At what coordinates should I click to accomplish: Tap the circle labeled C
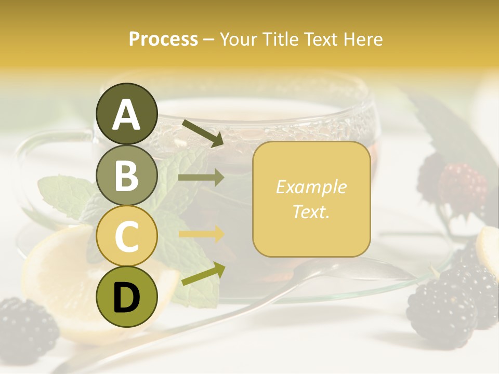(x=126, y=236)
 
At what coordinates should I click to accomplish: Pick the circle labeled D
(x=126, y=297)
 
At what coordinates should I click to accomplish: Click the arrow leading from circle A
(x=202, y=132)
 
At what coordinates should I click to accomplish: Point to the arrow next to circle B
(x=201, y=178)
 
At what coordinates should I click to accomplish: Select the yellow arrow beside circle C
(x=201, y=234)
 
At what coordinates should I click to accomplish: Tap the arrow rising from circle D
(x=203, y=274)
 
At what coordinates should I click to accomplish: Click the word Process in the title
(x=163, y=39)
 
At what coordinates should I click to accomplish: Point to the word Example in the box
(x=311, y=187)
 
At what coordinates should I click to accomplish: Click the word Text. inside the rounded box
(x=311, y=211)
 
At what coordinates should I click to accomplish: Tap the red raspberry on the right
(x=462, y=184)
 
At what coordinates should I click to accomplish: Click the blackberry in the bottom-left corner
(x=26, y=327)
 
